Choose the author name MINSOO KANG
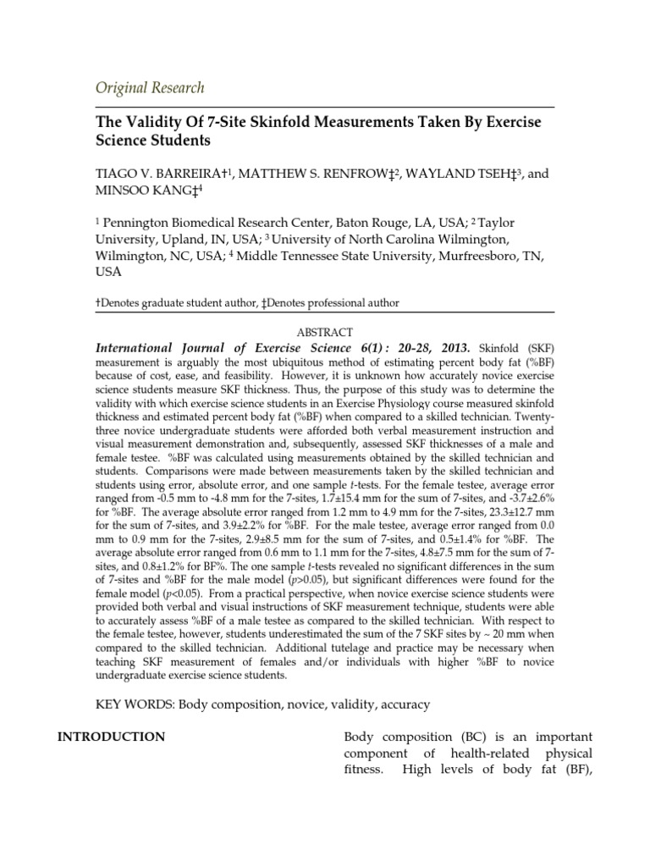[x=137, y=192]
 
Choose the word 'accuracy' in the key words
[x=402, y=704]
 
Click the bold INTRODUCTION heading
[x=111, y=737]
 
